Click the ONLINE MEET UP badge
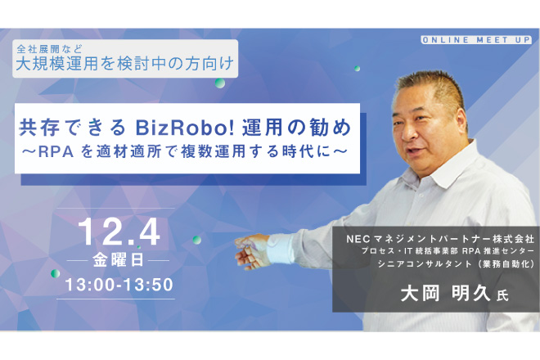(x=476, y=40)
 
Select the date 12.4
(x=119, y=232)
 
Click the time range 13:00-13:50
(x=119, y=285)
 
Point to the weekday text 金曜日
(x=118, y=260)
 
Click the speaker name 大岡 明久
(x=445, y=294)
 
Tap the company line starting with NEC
(x=440, y=239)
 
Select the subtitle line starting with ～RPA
(x=185, y=152)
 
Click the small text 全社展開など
(x=50, y=49)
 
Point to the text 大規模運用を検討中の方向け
(x=125, y=64)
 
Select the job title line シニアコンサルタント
(x=456, y=264)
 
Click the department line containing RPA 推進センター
(x=448, y=251)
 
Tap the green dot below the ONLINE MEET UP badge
(x=357, y=69)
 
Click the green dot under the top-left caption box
(x=220, y=83)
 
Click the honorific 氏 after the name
(x=502, y=296)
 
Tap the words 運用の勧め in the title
(x=296, y=128)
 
